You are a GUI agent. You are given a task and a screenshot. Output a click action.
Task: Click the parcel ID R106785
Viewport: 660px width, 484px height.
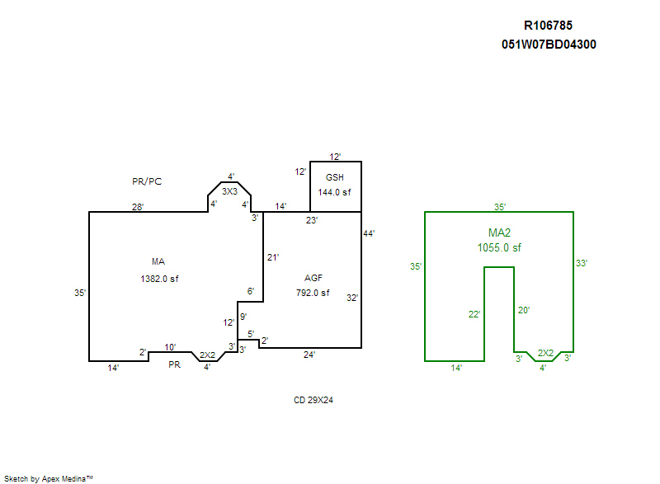tap(548, 26)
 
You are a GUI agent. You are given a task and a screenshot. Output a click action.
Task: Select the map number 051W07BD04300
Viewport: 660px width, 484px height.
tap(549, 45)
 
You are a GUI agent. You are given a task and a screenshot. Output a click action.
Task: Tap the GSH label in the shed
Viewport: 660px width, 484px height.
tap(334, 178)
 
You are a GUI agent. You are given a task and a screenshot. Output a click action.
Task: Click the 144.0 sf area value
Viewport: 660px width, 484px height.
tap(334, 192)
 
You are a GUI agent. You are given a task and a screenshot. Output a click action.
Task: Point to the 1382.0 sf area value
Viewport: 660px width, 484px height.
tap(159, 279)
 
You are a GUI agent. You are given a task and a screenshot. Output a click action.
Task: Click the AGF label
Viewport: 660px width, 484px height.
tap(313, 279)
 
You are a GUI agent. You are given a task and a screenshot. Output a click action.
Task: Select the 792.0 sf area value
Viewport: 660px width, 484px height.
tap(313, 293)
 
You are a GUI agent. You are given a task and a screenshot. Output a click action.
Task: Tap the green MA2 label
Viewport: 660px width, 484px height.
tap(499, 233)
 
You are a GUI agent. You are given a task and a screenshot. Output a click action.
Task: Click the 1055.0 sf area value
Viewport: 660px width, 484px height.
tap(499, 247)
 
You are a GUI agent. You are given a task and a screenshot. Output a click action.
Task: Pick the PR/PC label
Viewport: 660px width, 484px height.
tap(148, 181)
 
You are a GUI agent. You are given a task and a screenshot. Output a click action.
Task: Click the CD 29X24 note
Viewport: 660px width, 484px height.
tap(313, 401)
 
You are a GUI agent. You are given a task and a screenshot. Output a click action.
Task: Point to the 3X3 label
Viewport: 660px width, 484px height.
tap(229, 191)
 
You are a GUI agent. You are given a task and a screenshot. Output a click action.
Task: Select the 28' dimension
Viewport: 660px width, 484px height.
tap(137, 206)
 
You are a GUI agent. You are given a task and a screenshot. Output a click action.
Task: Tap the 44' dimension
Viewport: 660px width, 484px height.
tap(369, 233)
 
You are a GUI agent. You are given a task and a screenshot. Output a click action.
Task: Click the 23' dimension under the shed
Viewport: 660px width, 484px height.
tap(312, 220)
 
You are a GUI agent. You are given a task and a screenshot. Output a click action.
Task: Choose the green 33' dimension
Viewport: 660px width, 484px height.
tap(582, 263)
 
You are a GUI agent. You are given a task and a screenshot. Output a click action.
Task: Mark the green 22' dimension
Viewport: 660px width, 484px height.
tap(474, 313)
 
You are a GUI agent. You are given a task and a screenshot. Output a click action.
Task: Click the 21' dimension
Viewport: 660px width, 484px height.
tap(272, 257)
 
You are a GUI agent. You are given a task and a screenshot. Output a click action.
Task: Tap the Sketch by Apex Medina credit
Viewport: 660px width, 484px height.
tap(48, 478)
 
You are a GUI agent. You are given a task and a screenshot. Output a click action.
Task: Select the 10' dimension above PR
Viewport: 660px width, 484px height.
tap(170, 346)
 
